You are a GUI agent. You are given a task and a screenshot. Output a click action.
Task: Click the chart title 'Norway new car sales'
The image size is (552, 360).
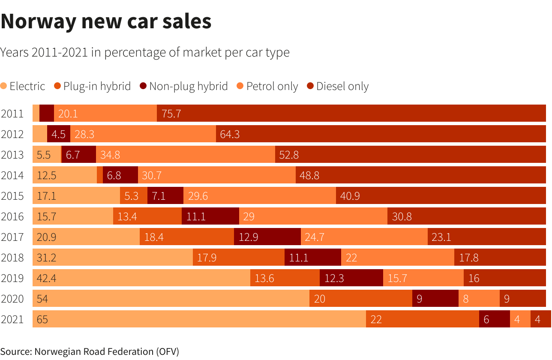[106, 21]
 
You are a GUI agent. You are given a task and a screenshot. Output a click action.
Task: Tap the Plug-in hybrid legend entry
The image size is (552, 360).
[92, 86]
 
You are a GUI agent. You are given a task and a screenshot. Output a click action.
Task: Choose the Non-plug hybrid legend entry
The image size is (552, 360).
[184, 86]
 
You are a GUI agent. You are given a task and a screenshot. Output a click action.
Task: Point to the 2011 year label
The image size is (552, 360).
[12, 114]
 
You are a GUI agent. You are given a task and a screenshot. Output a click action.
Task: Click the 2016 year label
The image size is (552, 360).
[12, 216]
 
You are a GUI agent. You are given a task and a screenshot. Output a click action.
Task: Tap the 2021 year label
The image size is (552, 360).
[12, 319]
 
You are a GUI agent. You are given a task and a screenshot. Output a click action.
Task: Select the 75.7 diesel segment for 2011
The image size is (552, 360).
[351, 114]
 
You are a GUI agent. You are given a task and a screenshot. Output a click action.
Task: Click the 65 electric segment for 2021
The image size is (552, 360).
[199, 319]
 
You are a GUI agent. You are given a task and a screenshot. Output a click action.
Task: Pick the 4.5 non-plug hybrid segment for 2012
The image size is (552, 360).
[59, 134]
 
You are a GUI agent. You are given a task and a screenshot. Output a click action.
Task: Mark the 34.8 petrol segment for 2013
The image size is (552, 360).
[186, 155]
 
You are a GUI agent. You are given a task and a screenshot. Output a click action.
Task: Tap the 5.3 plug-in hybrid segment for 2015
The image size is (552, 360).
[134, 196]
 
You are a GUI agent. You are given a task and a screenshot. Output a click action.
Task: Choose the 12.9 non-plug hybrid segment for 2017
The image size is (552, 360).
[267, 237]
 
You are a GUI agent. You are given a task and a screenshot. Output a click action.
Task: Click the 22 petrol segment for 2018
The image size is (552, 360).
[398, 258]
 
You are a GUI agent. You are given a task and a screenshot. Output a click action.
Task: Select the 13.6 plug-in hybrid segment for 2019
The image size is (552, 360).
[285, 278]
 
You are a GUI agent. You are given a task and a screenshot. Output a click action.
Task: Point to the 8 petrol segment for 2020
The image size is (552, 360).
[479, 299]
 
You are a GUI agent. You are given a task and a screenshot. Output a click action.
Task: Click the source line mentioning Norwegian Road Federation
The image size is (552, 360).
[90, 351]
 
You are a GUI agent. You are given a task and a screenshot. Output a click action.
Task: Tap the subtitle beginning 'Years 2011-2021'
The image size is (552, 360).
[145, 53]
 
